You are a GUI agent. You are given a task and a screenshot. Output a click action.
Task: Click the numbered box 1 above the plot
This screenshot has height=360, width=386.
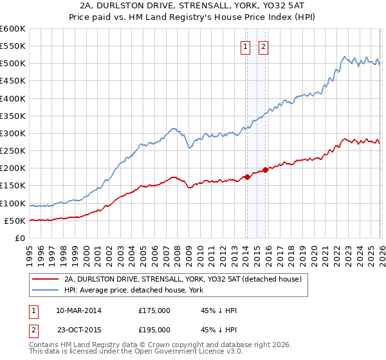[x=246, y=46]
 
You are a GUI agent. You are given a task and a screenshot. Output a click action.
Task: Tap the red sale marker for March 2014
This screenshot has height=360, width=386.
[x=247, y=177]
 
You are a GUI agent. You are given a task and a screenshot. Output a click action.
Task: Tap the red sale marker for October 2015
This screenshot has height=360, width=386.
[x=265, y=170]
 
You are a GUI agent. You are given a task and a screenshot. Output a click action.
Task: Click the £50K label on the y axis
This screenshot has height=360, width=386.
[x=15, y=221]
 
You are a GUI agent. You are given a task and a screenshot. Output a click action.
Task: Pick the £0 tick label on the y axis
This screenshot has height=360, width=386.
[x=21, y=238]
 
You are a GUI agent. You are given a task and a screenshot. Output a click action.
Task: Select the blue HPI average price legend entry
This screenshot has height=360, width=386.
[x=134, y=291]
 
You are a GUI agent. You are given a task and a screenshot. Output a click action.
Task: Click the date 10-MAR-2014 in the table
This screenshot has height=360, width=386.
[x=78, y=310]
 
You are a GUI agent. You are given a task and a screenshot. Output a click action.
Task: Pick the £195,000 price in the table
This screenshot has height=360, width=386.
[x=154, y=330]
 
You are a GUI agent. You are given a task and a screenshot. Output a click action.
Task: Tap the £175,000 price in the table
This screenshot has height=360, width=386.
[x=154, y=310]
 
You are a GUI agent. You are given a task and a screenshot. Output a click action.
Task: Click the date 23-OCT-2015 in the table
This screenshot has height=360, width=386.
[x=78, y=330]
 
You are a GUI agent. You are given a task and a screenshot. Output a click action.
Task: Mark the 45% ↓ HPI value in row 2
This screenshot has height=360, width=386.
[x=219, y=330]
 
